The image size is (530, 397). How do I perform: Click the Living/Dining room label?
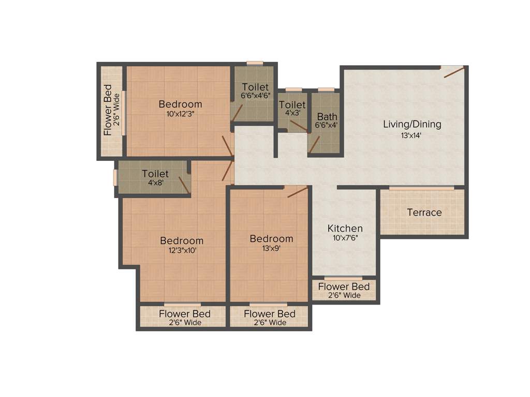pyautogui.click(x=412, y=124)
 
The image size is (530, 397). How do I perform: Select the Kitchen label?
pyautogui.click(x=345, y=228)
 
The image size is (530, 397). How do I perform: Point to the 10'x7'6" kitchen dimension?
pyautogui.click(x=345, y=238)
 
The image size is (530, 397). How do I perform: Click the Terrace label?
pyautogui.click(x=424, y=212)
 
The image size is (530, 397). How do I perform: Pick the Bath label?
pyautogui.click(x=327, y=116)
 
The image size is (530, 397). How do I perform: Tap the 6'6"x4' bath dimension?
pyautogui.click(x=327, y=125)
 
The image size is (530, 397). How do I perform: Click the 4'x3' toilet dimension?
pyautogui.click(x=292, y=114)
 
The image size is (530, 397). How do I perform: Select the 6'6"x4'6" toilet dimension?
pyautogui.click(x=255, y=96)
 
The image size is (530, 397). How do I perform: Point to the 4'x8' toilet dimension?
pyautogui.click(x=155, y=182)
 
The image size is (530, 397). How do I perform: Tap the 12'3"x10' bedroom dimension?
pyautogui.click(x=181, y=250)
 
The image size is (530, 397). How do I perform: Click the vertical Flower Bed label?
pyautogui.click(x=108, y=110)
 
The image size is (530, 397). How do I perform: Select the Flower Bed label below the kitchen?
pyautogui.click(x=344, y=287)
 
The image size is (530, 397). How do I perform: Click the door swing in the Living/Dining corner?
pyautogui.click(x=454, y=72)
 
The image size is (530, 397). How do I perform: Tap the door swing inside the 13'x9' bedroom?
pyautogui.click(x=298, y=192)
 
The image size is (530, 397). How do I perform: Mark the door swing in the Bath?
pyautogui.click(x=314, y=145)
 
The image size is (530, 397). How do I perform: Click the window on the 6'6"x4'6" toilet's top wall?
pyautogui.click(x=255, y=64)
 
